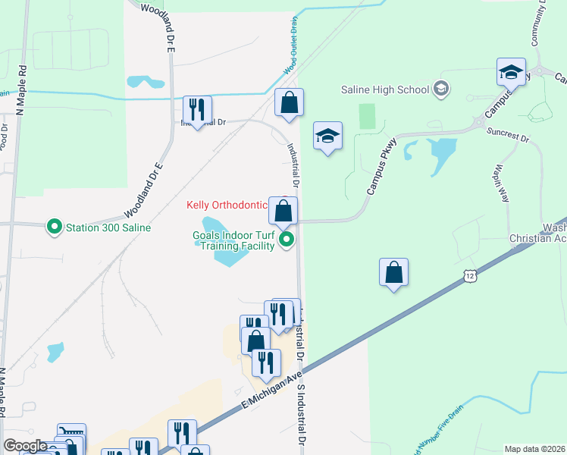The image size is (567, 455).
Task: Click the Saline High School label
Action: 385,89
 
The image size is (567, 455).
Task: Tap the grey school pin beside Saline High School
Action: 440,89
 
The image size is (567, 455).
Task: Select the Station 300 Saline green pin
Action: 55,227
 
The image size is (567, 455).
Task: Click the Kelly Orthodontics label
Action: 227,205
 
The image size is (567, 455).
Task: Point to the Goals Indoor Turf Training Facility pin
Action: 287,240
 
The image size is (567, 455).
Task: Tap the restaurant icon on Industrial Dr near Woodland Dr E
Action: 197,109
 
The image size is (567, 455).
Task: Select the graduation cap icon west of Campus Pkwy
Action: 327,136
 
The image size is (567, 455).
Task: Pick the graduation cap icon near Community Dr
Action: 511,72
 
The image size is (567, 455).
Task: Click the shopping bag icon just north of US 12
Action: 393,272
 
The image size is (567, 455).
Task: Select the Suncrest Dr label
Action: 509,136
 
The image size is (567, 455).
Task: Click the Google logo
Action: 26,446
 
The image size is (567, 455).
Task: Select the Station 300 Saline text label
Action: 108,227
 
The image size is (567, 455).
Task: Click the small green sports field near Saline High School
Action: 368,116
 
